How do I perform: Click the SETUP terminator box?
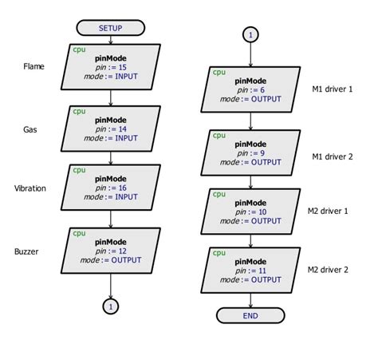point(110,28)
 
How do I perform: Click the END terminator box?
point(250,316)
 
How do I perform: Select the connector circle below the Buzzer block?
point(110,306)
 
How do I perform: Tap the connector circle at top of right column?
point(250,35)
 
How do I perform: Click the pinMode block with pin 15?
point(110,66)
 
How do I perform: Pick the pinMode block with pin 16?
point(110,188)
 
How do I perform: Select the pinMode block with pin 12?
point(110,250)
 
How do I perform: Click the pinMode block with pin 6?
point(250,90)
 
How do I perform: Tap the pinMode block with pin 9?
point(250,151)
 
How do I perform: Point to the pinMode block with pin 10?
point(250,211)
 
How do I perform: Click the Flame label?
point(34,66)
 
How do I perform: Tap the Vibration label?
point(30,188)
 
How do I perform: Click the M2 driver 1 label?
point(329,211)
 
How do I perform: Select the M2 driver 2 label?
point(329,270)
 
